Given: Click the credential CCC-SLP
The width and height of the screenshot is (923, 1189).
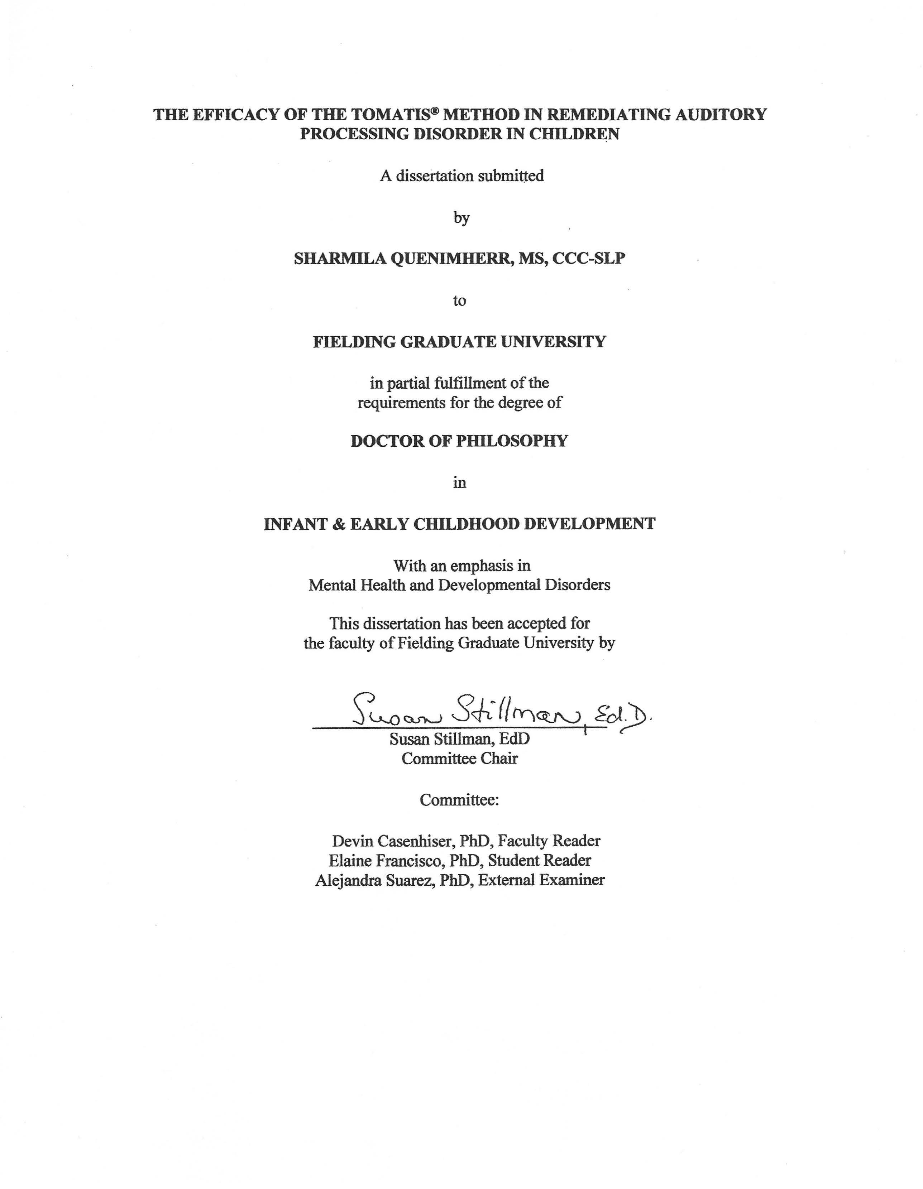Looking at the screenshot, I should point(589,259).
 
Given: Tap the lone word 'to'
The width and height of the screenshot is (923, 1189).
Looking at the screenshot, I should point(460,300).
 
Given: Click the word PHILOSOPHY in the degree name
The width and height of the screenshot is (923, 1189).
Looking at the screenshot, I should point(512,441).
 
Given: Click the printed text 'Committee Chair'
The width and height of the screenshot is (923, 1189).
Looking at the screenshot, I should point(460,759).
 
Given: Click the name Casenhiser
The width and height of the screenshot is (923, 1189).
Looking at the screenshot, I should point(416,841).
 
